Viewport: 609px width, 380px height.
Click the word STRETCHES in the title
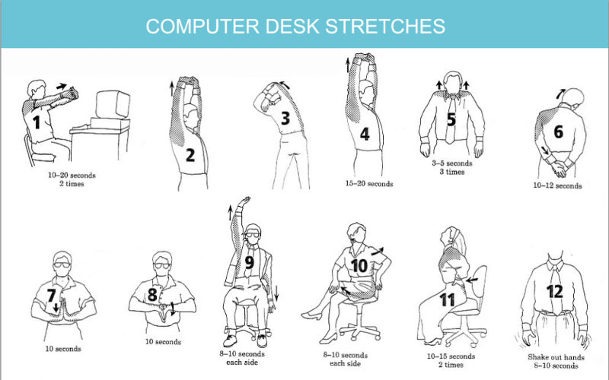point(385,26)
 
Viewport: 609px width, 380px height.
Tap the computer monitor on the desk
point(113,104)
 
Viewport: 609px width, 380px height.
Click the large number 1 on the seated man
point(37,123)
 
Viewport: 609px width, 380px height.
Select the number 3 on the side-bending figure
point(285,118)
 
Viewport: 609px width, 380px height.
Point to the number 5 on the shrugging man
point(451,119)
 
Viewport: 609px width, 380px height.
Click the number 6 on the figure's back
point(558,131)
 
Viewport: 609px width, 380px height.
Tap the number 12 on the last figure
point(555,292)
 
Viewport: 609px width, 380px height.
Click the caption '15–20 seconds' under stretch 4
point(369,184)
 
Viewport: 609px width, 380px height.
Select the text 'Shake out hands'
point(556,357)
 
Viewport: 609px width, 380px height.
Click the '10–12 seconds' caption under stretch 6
point(557,185)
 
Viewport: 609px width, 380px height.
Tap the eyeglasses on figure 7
point(62,265)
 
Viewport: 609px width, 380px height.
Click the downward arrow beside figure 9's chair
point(276,294)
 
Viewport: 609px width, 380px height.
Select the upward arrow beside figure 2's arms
point(171,88)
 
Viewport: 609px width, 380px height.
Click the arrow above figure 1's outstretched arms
point(62,86)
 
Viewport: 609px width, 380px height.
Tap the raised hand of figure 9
point(244,201)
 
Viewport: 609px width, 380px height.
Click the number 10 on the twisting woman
point(359,266)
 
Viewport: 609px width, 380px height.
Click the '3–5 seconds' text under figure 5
point(452,163)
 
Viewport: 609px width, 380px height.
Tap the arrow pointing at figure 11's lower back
point(471,280)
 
